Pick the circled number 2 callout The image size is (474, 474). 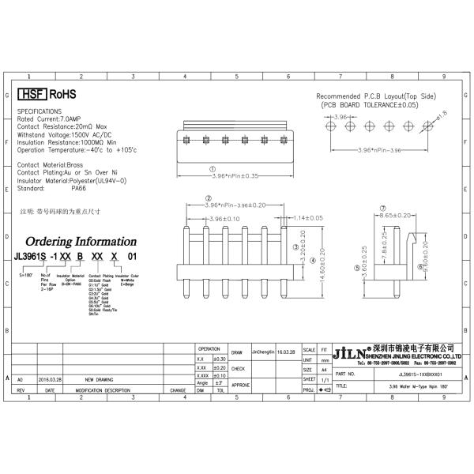[x=208, y=197]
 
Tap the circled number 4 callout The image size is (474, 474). [x=313, y=259]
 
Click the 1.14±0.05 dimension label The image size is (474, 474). [x=309, y=217]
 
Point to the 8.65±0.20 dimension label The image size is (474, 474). [x=395, y=214]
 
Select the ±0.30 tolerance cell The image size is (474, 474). [x=220, y=359]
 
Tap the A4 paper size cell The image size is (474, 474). [x=324, y=369]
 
